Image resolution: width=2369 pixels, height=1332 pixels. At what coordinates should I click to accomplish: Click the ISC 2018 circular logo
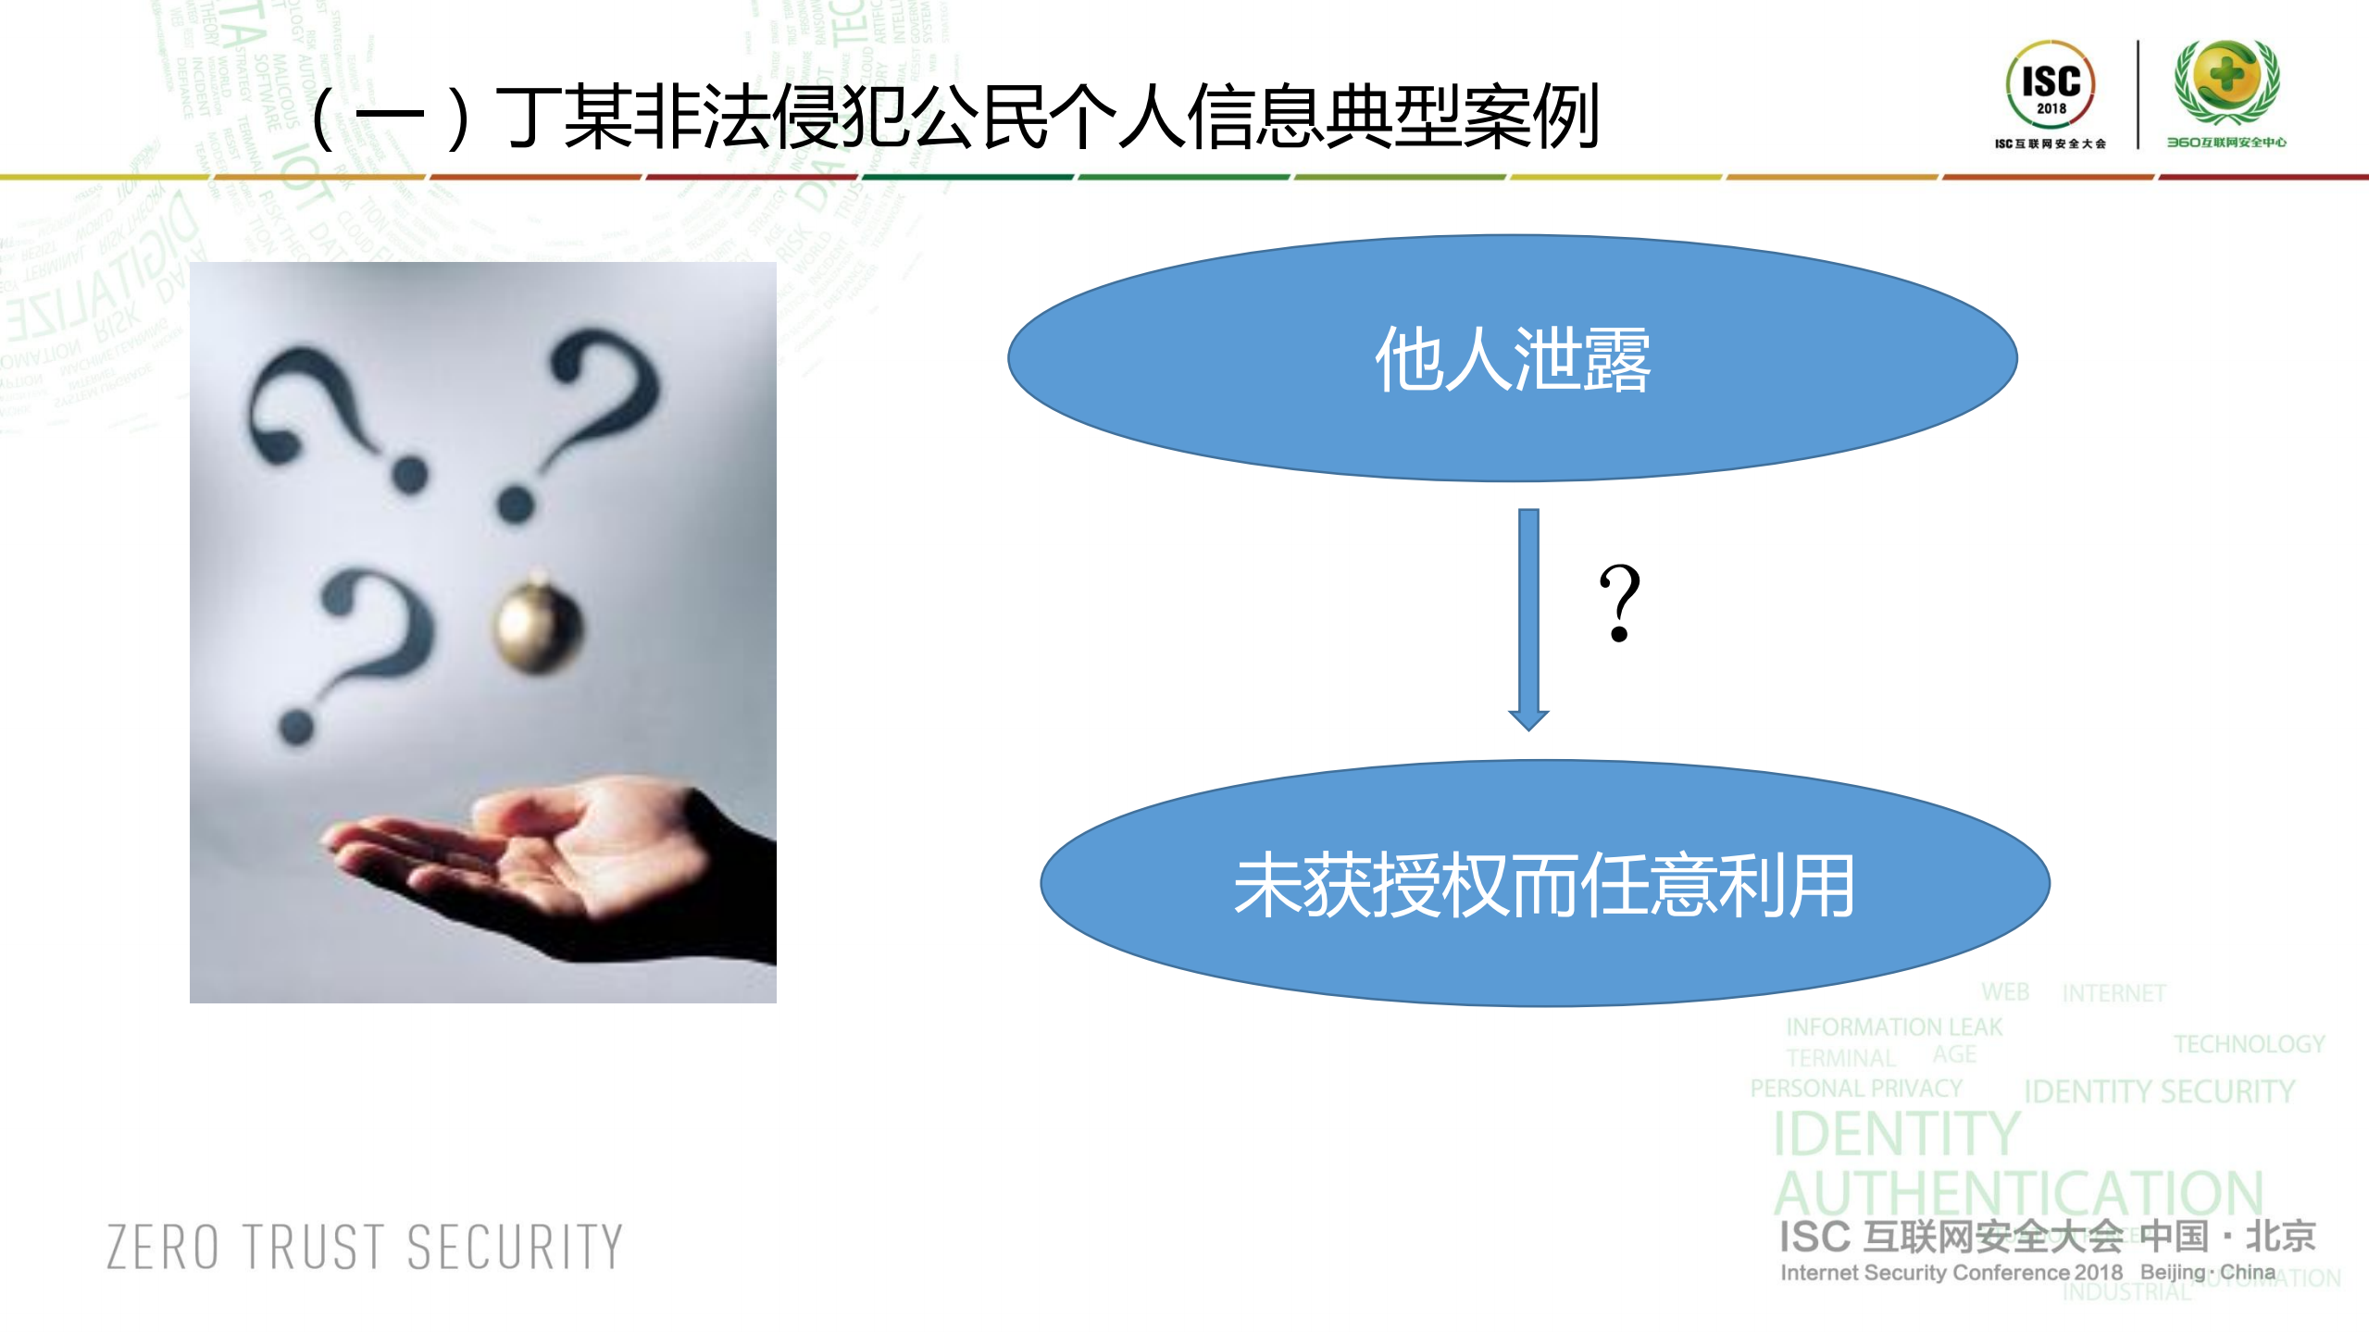click(x=2050, y=83)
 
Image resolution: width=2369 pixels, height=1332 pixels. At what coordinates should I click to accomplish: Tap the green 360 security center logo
click(x=2226, y=81)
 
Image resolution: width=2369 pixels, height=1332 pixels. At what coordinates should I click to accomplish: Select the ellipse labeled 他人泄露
click(x=1512, y=358)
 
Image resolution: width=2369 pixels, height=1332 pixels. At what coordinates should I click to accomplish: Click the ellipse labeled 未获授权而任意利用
click(x=1544, y=884)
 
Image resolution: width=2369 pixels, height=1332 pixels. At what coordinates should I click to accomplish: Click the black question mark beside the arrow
click(x=1619, y=604)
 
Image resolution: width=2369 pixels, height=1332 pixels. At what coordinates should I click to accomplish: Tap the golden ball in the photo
click(x=539, y=625)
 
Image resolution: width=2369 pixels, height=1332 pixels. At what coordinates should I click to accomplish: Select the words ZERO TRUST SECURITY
click(x=365, y=1246)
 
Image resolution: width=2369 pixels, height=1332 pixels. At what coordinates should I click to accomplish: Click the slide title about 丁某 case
click(x=954, y=118)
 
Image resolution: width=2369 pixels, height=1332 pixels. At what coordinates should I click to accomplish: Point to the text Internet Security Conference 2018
click(x=1951, y=1273)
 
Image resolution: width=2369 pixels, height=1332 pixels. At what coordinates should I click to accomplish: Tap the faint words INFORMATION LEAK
click(x=1893, y=1027)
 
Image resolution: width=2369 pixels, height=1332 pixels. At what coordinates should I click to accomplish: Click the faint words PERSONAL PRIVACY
click(x=1855, y=1089)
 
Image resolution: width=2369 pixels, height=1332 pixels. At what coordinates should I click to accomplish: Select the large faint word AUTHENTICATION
click(x=2018, y=1193)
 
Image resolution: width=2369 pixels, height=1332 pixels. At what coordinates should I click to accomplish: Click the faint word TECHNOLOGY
click(x=2249, y=1044)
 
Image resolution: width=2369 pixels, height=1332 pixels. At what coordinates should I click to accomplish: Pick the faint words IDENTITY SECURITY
click(x=2159, y=1091)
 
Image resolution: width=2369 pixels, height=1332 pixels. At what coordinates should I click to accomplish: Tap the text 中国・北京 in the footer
click(x=2227, y=1236)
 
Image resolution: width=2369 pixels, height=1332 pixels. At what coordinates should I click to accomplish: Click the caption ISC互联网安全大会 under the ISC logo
click(x=2050, y=143)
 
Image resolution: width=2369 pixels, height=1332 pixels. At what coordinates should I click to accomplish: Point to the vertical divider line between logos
click(x=2138, y=94)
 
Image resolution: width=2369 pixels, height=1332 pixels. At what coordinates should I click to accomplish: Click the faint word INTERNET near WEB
click(x=2113, y=993)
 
